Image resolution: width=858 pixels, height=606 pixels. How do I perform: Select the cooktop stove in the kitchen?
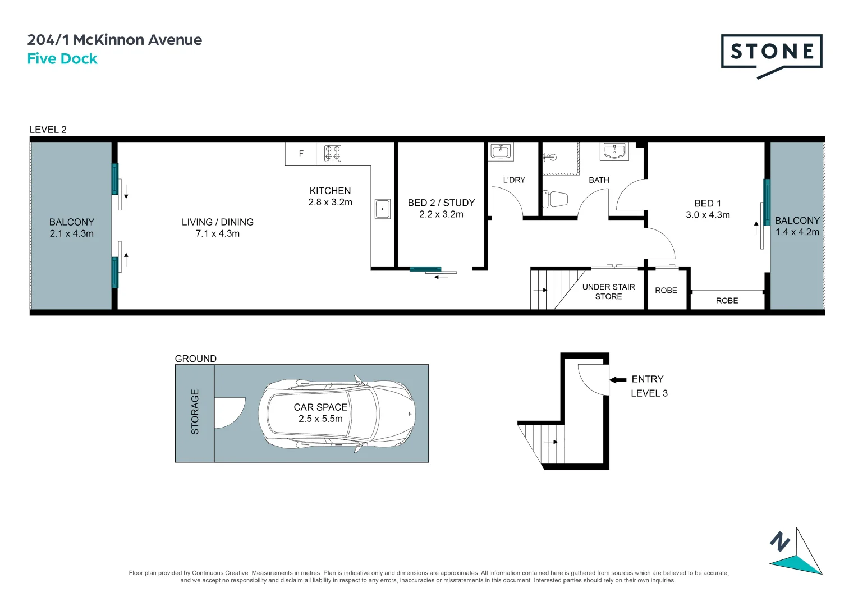(333, 153)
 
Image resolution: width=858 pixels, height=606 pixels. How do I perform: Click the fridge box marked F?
(301, 153)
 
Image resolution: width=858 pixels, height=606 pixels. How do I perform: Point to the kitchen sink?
(382, 209)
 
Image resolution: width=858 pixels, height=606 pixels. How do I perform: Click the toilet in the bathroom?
(556, 199)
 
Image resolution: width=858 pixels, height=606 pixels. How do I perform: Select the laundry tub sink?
(501, 151)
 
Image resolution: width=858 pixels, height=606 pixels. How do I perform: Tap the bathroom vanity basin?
(614, 151)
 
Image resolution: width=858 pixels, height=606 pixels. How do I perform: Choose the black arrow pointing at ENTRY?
(618, 380)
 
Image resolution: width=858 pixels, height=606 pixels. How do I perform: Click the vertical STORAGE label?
(195, 412)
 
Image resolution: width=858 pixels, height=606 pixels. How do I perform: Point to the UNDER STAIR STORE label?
(608, 292)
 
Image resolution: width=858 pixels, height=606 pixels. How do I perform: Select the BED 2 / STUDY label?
(441, 203)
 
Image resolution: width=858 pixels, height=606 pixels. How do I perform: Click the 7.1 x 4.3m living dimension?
(217, 234)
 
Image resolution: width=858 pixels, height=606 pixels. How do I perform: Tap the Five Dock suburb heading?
(62, 59)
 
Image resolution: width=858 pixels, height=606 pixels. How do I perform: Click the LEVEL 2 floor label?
(48, 130)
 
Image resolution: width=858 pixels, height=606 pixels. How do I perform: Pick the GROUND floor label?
(195, 359)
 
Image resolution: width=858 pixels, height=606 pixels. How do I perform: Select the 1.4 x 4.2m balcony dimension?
(797, 232)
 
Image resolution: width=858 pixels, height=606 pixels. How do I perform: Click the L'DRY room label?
(514, 180)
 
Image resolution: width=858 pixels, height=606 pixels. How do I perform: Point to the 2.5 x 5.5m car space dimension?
(320, 419)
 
